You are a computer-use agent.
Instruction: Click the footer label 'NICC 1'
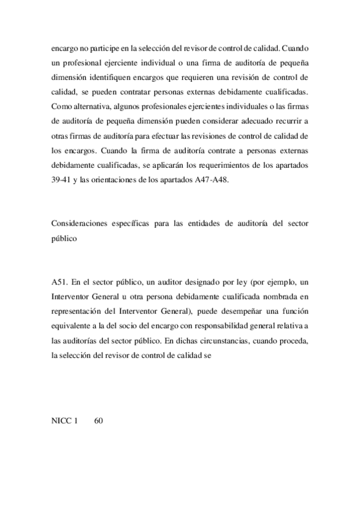pos(66,421)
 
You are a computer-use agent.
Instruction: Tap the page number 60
pos(100,421)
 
